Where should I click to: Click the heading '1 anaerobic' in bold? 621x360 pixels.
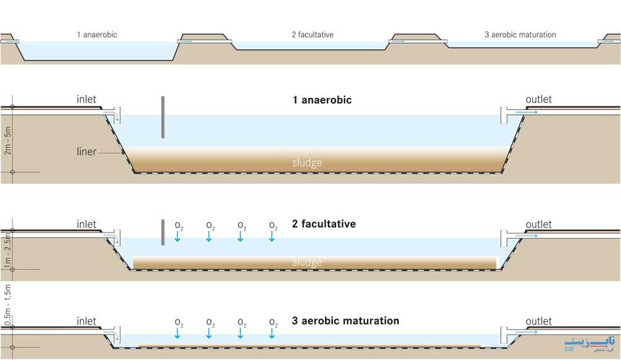[x=322, y=99]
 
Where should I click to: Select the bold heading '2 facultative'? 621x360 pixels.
[x=324, y=223]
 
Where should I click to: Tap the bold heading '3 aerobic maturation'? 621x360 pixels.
[x=345, y=321]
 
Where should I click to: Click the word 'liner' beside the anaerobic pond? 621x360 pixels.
[x=86, y=151]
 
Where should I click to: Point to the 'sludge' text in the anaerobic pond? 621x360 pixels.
[x=307, y=163]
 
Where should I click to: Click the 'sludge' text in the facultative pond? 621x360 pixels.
[x=307, y=263]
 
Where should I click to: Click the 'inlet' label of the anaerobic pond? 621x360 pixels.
[x=86, y=99]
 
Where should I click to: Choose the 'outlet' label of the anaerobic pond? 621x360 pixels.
[x=538, y=99]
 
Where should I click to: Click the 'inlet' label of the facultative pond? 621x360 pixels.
[x=86, y=224]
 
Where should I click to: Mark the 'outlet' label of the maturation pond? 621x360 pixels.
[x=538, y=321]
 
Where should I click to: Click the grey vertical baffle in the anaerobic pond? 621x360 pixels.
[x=162, y=117]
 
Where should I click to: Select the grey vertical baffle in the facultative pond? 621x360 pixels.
[x=162, y=232]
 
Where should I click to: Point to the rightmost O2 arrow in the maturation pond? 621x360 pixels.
[x=273, y=334]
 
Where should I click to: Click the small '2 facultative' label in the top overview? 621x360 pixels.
[x=312, y=35]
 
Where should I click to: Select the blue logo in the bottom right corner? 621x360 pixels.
[x=590, y=343]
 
